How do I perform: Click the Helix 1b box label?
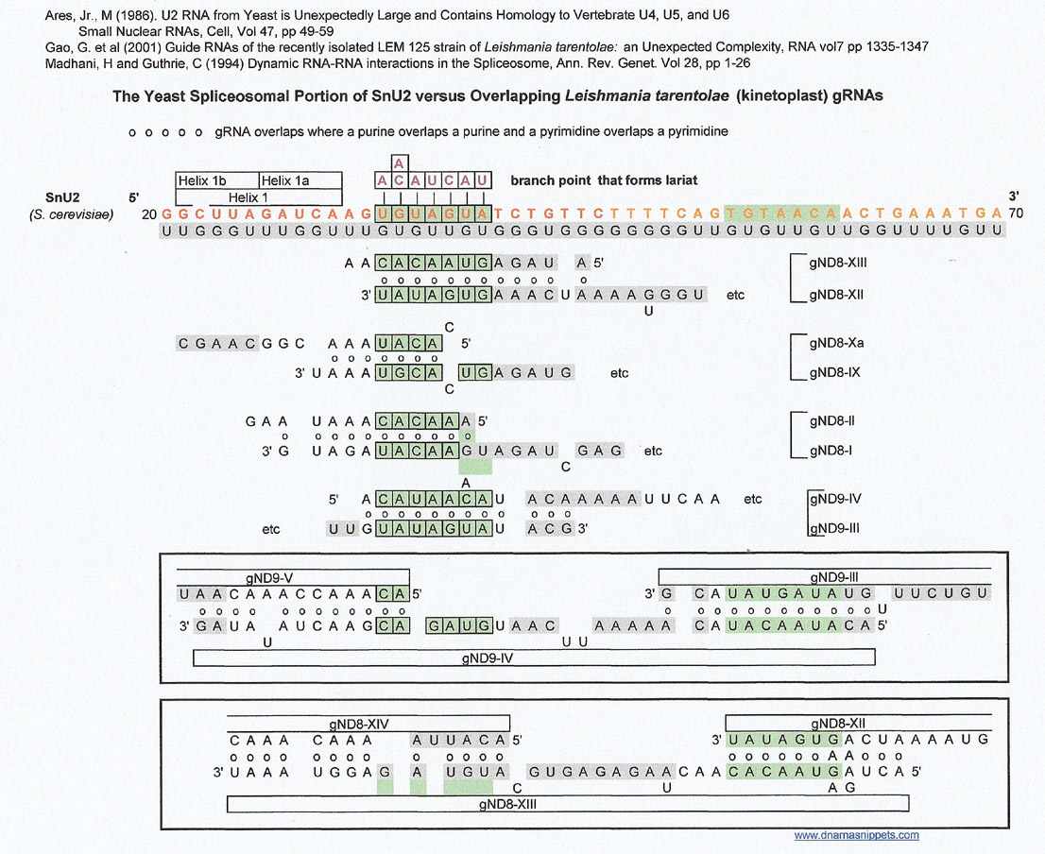pos(202,180)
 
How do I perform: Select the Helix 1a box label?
pos(285,180)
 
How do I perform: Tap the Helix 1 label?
pos(248,197)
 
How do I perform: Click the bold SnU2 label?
pos(62,197)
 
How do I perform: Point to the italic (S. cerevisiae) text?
pos(71,214)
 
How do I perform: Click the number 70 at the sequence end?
pos(1016,213)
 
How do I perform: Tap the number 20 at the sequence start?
pos(149,214)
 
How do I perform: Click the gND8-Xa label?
pos(836,343)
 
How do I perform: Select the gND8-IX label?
pos(834,372)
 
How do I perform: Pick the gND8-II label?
pos(831,421)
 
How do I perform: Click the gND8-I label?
pos(831,451)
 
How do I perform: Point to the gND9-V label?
pos(269,578)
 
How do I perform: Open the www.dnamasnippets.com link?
pos(856,835)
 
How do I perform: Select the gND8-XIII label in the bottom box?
pos(507,805)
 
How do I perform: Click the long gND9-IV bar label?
pos(488,658)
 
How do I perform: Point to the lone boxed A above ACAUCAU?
pos(399,163)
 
